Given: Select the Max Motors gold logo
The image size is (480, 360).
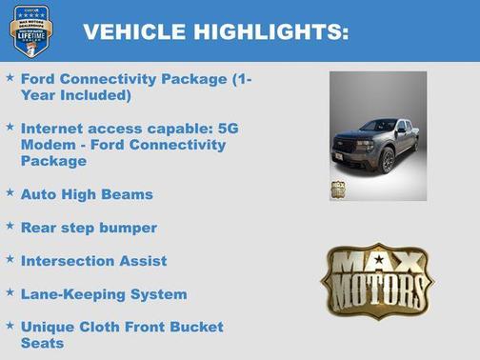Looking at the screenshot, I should tap(376, 280).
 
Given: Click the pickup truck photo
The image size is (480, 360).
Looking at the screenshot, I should tap(378, 135).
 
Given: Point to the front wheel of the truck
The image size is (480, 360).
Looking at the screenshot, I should tap(388, 161).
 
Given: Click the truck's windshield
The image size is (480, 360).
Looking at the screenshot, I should tap(378, 126).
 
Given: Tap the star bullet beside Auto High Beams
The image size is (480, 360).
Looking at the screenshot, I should tap(10, 192).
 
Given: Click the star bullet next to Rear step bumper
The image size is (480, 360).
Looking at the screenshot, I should tap(10, 226).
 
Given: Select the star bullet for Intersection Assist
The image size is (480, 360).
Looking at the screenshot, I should tap(10, 259).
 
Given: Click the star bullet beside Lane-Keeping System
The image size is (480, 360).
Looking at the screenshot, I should tap(10, 292).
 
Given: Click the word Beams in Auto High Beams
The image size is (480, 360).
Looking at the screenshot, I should tap(130, 194).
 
